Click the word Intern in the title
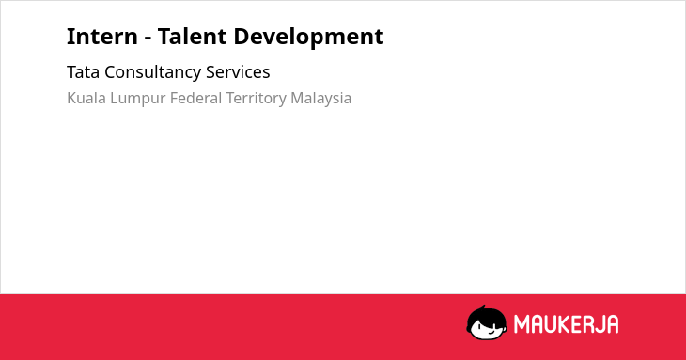click(x=101, y=37)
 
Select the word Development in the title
click(x=308, y=38)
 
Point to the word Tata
click(x=83, y=72)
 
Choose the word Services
click(x=238, y=72)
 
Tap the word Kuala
click(x=86, y=98)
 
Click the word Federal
click(x=195, y=98)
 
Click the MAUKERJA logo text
click(x=566, y=324)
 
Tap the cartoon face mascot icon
click(x=487, y=323)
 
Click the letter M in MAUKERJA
click(x=521, y=324)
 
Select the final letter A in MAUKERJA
click(x=612, y=324)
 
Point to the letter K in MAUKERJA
click(x=563, y=324)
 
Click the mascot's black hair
click(x=486, y=314)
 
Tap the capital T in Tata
click(x=72, y=72)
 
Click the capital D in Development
click(x=242, y=37)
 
